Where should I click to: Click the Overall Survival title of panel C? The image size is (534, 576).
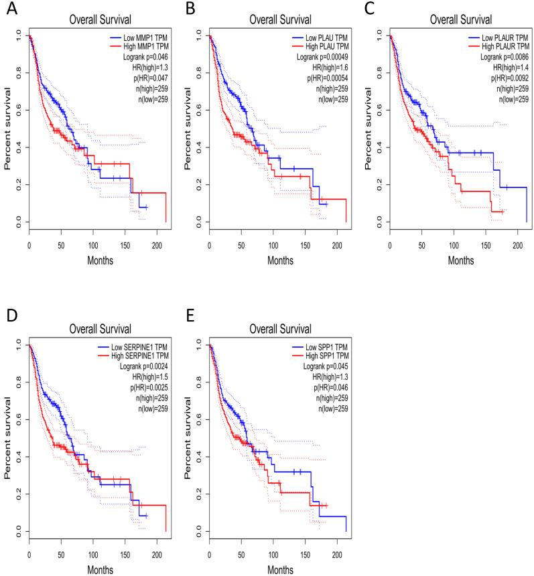pos(449,19)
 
